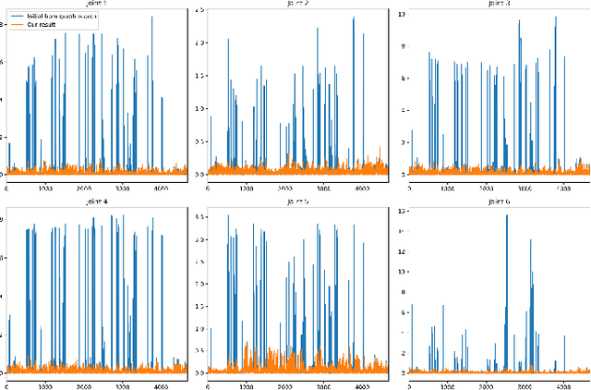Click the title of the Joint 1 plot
point(97,5)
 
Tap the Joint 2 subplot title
point(297,5)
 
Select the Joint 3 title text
point(499,5)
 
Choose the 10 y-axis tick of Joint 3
point(401,15)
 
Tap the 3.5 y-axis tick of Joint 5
point(199,217)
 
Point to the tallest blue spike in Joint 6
point(506,214)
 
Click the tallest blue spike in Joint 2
point(353,18)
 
